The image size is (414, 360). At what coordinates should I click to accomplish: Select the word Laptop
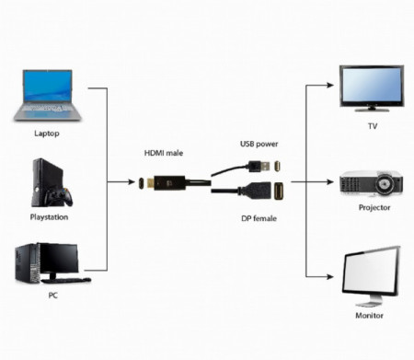[x=46, y=132]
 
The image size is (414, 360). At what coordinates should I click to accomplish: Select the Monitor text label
[x=371, y=315]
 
